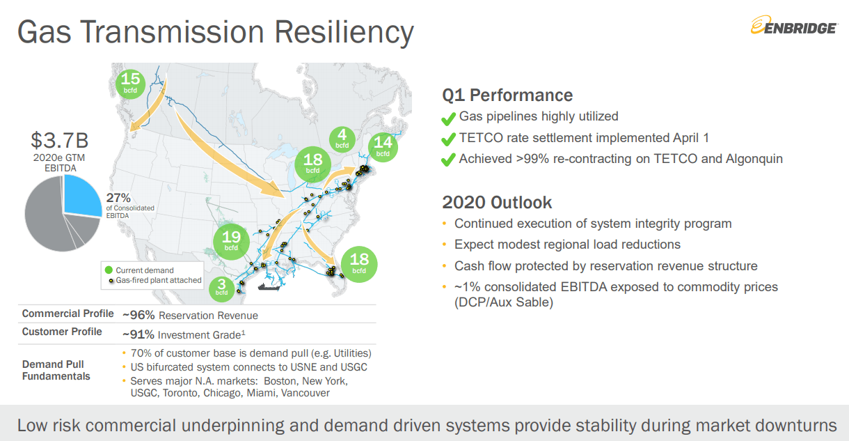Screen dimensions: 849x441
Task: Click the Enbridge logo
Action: point(793,25)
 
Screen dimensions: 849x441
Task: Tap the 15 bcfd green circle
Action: point(130,84)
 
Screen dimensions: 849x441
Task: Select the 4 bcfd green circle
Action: point(342,139)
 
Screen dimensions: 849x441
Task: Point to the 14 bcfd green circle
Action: point(383,147)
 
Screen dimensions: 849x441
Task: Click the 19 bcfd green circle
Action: point(231,241)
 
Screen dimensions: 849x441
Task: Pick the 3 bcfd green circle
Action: point(222,289)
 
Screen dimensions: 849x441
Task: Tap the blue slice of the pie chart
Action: point(81,196)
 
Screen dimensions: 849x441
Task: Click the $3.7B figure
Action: point(60,140)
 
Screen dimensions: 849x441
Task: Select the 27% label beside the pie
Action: point(118,198)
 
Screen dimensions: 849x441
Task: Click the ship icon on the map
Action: point(269,286)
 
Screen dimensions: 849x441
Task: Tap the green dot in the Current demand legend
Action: point(109,270)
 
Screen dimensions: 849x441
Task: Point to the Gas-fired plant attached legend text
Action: point(159,281)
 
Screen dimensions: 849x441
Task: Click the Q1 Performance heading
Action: point(507,95)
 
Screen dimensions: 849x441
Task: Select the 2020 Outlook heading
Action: point(497,202)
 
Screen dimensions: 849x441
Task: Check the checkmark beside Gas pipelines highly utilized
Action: point(448,119)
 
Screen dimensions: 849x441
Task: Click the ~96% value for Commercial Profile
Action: point(138,315)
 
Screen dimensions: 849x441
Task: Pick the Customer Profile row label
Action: point(62,332)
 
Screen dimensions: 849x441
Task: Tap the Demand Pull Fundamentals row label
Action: point(56,371)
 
